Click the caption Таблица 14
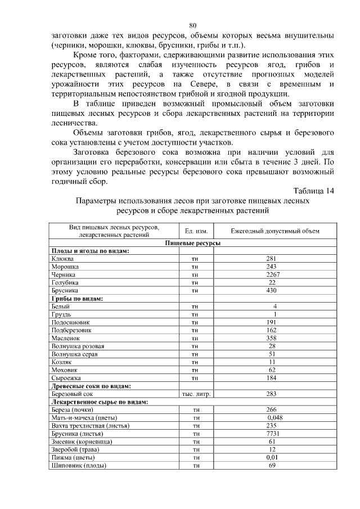pyautogui.click(x=314, y=191)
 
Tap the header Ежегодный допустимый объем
pyautogui.click(x=275, y=231)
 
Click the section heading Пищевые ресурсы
pyautogui.click(x=192, y=243)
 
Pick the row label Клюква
pyautogui.click(x=61, y=259)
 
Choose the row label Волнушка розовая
pyautogui.click(x=77, y=346)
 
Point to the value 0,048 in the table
pyautogui.click(x=275, y=418)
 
